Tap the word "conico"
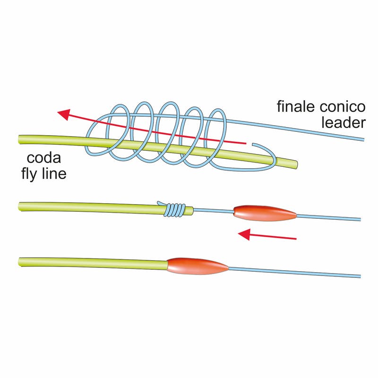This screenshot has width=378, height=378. [341, 107]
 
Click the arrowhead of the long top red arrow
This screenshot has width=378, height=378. [63, 114]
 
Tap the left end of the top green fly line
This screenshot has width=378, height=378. [20, 138]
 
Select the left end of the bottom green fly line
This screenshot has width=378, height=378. [20, 261]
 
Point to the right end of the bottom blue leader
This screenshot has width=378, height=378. [360, 275]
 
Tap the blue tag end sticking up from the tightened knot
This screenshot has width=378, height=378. [159, 203]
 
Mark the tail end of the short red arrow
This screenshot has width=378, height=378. [295, 238]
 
